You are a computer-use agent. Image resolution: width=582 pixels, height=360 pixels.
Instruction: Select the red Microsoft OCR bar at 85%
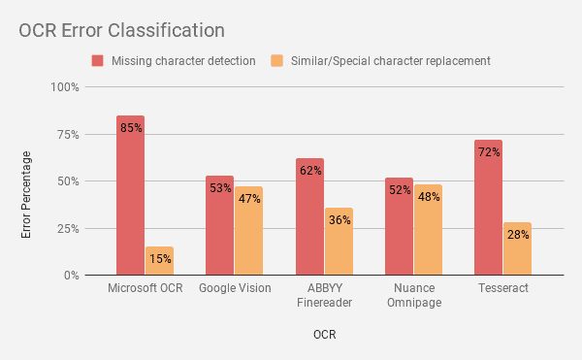click(x=130, y=195)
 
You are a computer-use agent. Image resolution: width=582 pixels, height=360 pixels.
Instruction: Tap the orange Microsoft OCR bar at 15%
click(x=159, y=261)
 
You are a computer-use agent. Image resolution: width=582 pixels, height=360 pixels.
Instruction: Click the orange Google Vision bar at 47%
click(x=248, y=231)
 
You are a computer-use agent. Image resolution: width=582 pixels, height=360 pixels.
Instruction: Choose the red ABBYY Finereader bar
click(x=309, y=216)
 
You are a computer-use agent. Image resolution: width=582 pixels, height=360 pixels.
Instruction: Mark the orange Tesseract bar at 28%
click(x=517, y=248)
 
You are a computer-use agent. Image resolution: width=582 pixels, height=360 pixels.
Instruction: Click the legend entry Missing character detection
click(x=175, y=60)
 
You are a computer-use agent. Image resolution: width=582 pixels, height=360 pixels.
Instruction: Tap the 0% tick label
click(x=70, y=276)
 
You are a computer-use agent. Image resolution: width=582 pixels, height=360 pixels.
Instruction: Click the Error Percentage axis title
click(x=26, y=195)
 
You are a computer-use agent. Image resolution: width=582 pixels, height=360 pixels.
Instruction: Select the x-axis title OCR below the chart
click(x=325, y=335)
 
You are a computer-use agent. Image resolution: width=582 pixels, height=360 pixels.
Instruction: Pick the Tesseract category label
click(x=503, y=289)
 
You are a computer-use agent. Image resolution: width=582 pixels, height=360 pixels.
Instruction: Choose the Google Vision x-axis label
click(x=235, y=289)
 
